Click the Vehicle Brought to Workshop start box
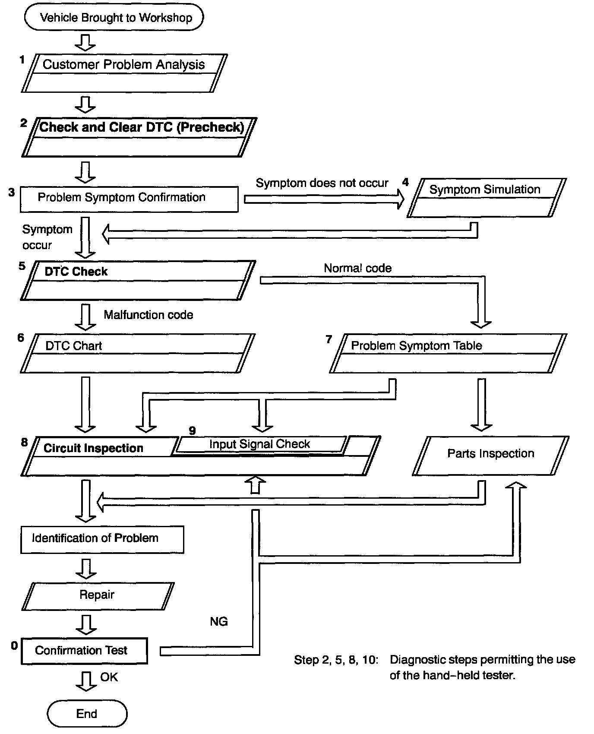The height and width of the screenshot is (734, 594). click(x=114, y=18)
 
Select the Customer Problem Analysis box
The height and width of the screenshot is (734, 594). click(x=124, y=73)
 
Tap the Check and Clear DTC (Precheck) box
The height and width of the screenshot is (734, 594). click(x=139, y=136)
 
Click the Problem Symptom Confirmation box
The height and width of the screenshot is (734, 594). click(x=129, y=199)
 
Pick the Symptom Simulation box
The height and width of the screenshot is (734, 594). click(x=487, y=197)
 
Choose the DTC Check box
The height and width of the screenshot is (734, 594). click(x=137, y=280)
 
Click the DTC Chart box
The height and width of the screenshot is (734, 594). click(x=137, y=353)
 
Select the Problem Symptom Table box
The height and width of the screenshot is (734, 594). click(x=448, y=353)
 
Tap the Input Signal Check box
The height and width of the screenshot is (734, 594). click(x=260, y=444)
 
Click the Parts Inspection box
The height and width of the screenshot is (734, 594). click(x=490, y=456)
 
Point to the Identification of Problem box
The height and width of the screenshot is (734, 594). click(x=102, y=539)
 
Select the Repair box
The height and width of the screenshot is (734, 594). click(x=98, y=595)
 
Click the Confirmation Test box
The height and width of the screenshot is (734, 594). click(x=84, y=651)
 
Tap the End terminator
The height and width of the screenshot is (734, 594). click(x=87, y=714)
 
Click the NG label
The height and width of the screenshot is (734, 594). click(x=218, y=621)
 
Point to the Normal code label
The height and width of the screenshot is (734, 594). click(x=357, y=268)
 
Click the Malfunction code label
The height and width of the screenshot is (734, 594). click(x=148, y=315)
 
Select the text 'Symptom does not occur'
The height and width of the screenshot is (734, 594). click(x=322, y=183)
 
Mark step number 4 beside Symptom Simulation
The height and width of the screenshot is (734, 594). click(x=405, y=182)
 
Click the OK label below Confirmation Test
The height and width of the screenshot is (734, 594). click(x=109, y=677)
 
